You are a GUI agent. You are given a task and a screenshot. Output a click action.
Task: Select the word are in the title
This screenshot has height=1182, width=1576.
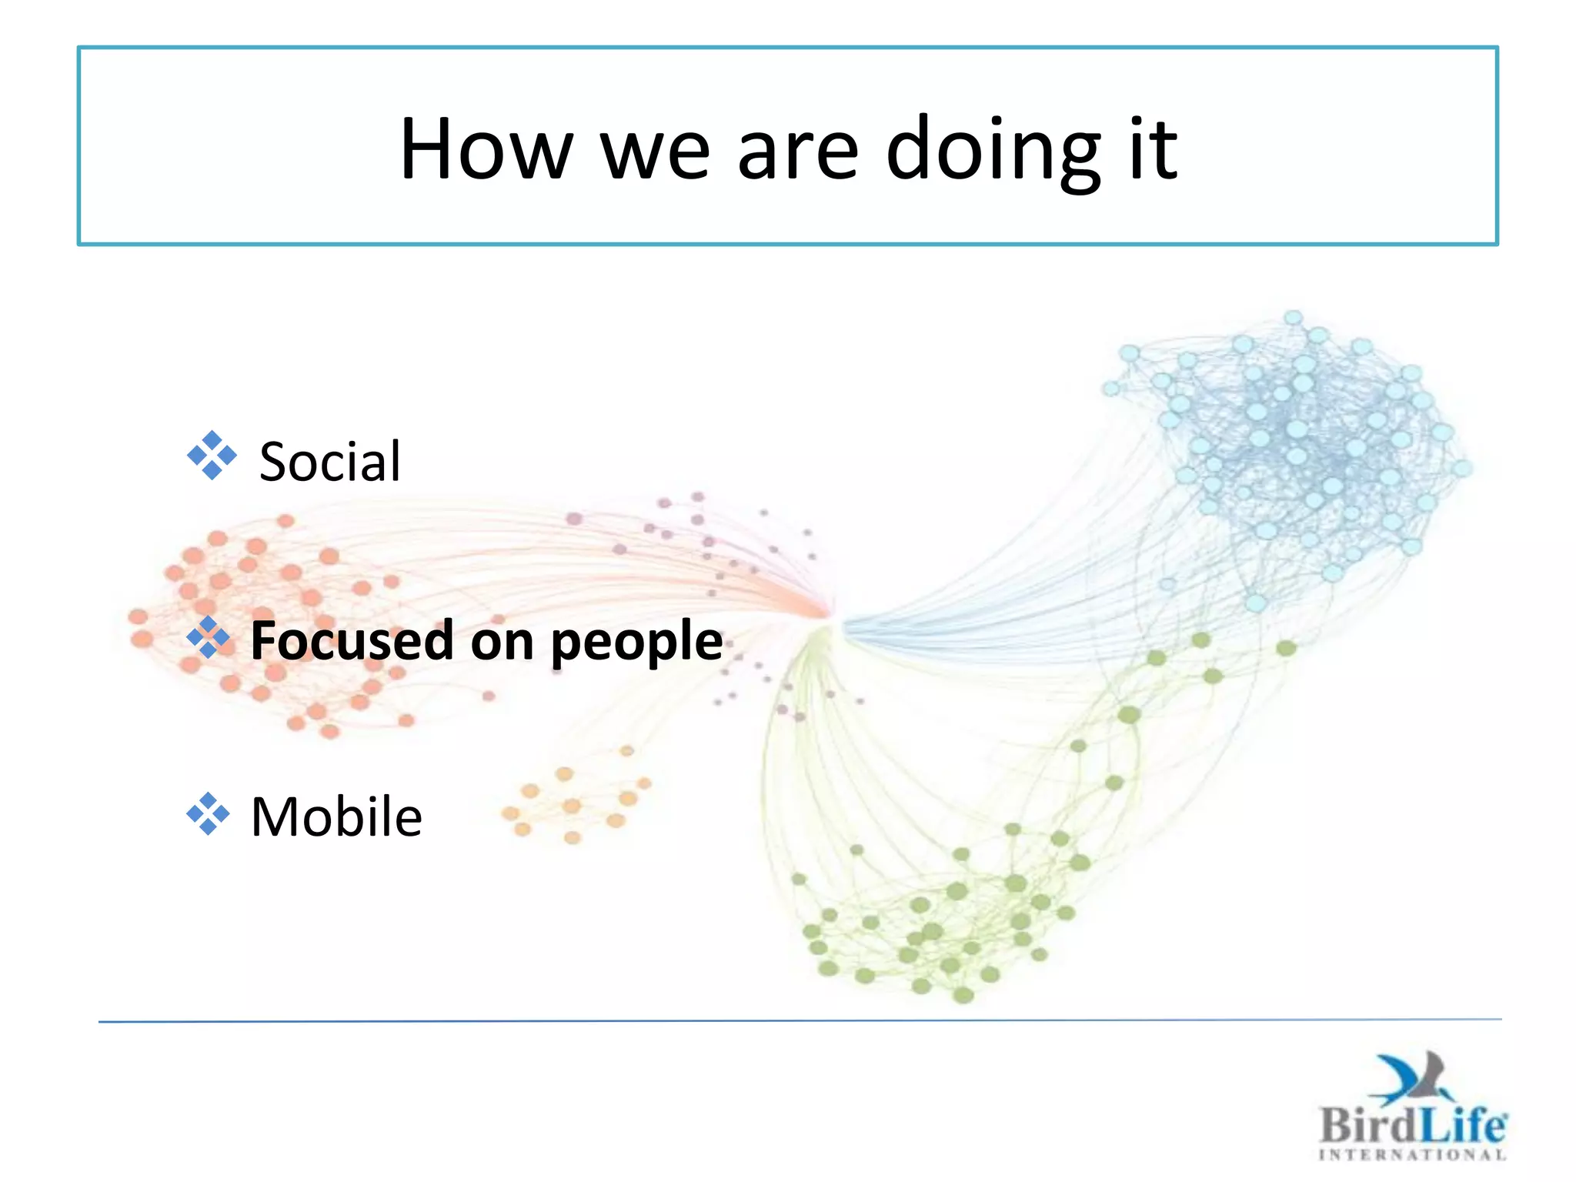tap(797, 152)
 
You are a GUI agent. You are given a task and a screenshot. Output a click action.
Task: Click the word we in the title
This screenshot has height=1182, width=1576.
tap(654, 152)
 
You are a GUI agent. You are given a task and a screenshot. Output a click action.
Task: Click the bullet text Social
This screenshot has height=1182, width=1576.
tap(329, 462)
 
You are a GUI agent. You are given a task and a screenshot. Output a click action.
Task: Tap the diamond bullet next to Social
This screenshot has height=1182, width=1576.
tap(212, 456)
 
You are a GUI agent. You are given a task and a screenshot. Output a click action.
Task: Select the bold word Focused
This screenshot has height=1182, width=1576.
tap(352, 640)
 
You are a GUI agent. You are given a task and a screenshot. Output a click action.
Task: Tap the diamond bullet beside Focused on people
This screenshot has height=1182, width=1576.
tap(209, 637)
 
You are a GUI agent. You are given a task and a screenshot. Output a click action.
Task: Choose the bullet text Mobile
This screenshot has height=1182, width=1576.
tap(336, 816)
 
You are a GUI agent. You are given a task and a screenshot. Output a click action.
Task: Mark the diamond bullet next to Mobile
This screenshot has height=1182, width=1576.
tap(209, 813)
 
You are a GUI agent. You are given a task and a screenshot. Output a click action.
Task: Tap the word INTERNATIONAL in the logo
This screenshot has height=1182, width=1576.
tap(1412, 1154)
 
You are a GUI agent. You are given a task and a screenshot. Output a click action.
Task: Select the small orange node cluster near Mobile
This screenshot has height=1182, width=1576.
tap(573, 800)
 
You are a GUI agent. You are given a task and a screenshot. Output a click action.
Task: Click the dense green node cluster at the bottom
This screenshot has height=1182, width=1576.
tap(939, 931)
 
